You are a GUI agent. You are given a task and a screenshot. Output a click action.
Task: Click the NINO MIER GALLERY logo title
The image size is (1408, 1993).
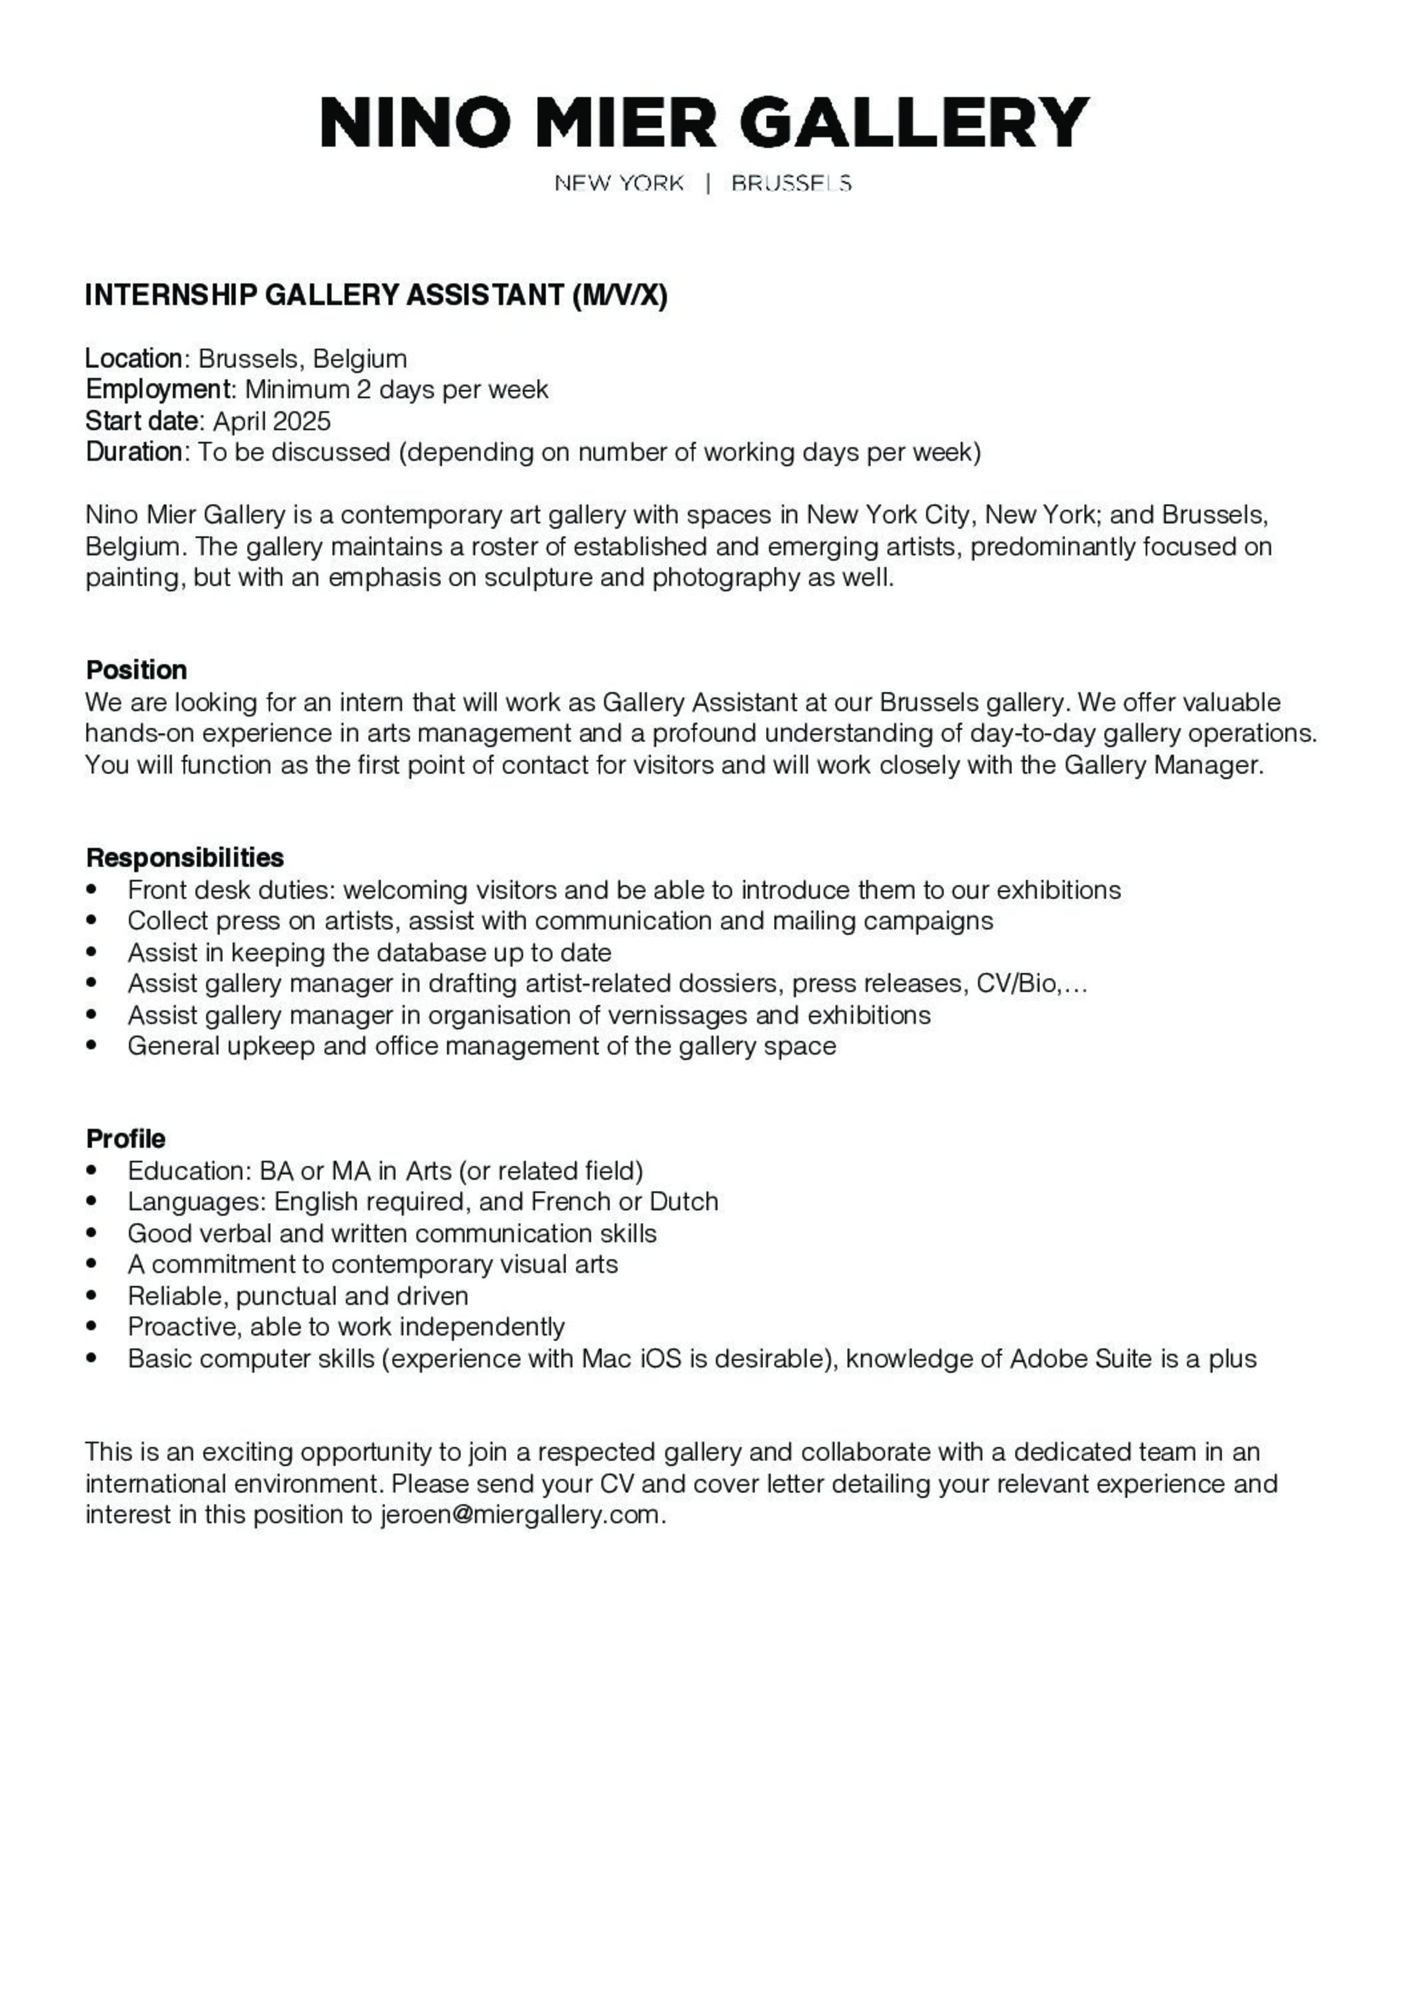tap(704, 123)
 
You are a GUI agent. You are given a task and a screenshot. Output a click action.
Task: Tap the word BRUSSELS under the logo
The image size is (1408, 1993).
tap(791, 183)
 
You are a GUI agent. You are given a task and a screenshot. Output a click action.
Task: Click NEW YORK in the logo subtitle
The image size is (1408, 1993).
tap(619, 183)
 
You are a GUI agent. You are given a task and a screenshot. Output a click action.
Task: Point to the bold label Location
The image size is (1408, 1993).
tap(134, 359)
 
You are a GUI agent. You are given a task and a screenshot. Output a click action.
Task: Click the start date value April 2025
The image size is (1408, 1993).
tap(272, 421)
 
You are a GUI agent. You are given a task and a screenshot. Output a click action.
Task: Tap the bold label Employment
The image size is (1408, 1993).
tap(158, 390)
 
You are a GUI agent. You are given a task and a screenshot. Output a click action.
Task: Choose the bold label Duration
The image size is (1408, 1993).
tap(134, 452)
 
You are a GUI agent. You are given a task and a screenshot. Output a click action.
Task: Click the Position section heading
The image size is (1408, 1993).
tap(136, 670)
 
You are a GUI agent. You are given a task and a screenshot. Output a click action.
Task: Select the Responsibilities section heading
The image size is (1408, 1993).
tap(185, 858)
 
